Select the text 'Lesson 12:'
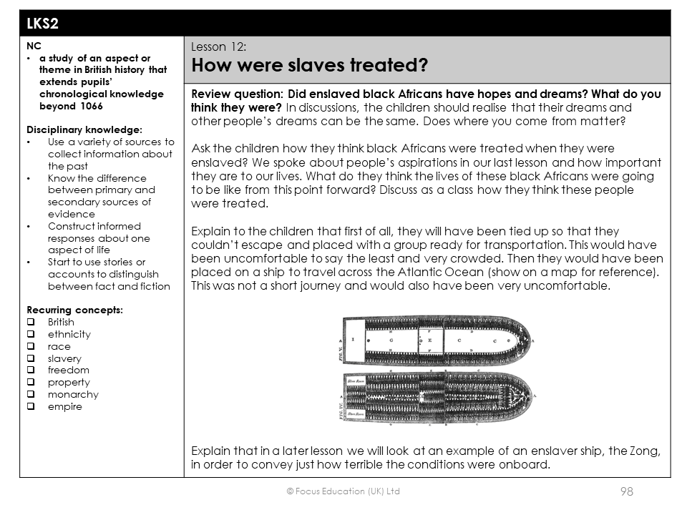(x=219, y=47)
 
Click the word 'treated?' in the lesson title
(x=388, y=67)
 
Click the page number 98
(x=626, y=491)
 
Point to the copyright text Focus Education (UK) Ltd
(x=343, y=491)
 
